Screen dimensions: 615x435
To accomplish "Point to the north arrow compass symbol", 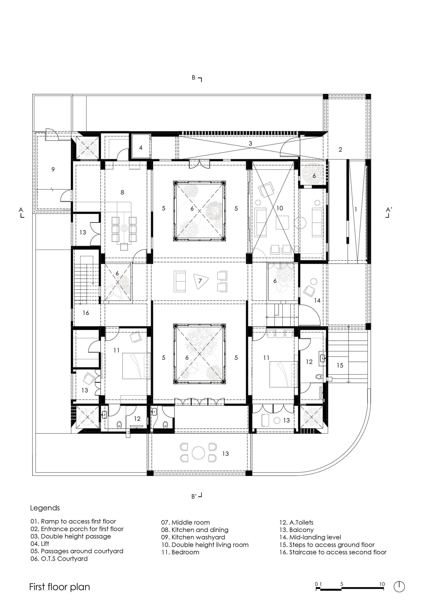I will [399, 586].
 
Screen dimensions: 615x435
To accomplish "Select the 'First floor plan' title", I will [59, 586].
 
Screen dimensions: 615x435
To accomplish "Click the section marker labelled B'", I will [196, 496].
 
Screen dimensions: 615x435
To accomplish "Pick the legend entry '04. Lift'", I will [40, 544].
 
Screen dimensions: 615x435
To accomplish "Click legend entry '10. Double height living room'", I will [205, 545].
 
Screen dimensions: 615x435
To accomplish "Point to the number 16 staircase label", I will [86, 313].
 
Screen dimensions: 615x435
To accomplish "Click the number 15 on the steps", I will [340, 365].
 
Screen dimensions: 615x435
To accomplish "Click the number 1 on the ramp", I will [356, 210].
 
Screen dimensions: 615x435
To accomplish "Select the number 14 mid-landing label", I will [317, 301].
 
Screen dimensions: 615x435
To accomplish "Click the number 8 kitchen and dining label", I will [122, 192].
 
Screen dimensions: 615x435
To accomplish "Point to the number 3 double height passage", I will [250, 144].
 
